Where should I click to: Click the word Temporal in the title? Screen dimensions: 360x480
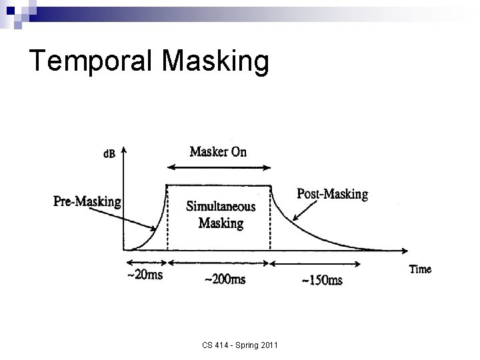pyautogui.click(x=90, y=61)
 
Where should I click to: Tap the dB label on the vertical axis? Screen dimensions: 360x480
pyautogui.click(x=109, y=155)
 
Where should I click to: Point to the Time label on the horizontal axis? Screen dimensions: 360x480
pyautogui.click(x=419, y=270)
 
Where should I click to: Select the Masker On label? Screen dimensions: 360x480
pyautogui.click(x=217, y=151)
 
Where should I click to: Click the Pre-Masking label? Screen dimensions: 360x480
pyautogui.click(x=88, y=201)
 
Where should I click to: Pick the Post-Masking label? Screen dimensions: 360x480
pyautogui.click(x=332, y=194)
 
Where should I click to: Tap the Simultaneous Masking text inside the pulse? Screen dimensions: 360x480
pyautogui.click(x=221, y=215)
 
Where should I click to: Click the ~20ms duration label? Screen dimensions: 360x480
pyautogui.click(x=145, y=275)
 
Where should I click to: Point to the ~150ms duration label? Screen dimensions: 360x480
pyautogui.click(x=322, y=280)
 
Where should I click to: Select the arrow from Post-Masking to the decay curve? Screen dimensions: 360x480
pyautogui.click(x=297, y=207)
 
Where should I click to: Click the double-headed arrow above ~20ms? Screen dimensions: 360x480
pyautogui.click(x=145, y=261)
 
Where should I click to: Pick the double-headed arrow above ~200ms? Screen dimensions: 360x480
pyautogui.click(x=218, y=263)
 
